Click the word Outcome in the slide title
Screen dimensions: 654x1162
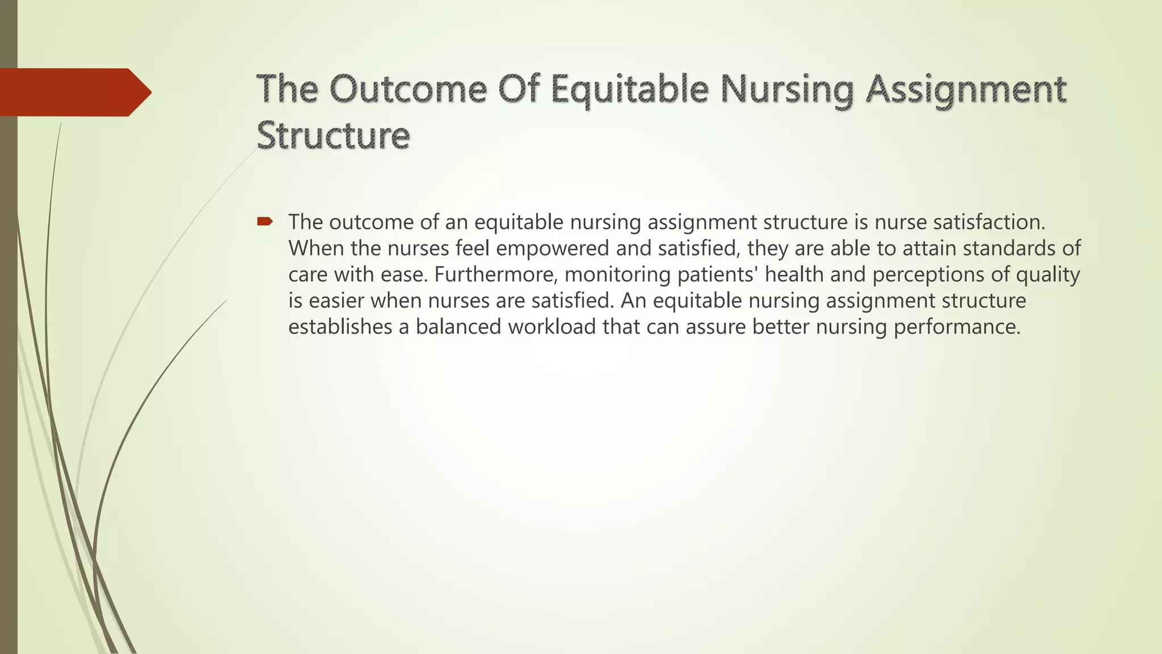coord(407,90)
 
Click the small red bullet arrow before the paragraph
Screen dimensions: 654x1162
coord(265,222)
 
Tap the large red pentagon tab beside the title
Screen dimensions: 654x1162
coord(74,92)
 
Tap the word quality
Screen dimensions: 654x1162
coord(1048,275)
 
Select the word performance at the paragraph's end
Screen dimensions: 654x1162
coord(957,327)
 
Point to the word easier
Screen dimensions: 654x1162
coord(336,300)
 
